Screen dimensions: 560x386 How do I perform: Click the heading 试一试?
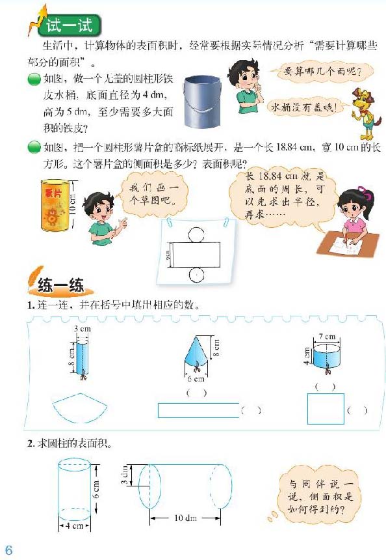[69, 25]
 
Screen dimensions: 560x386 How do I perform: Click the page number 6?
[8, 548]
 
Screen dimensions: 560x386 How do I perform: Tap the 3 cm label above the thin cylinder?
[81, 329]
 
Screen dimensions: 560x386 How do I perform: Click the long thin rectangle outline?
[198, 410]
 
